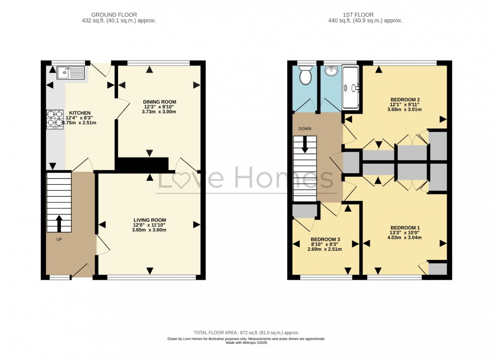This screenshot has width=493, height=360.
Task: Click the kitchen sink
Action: tap(70, 74)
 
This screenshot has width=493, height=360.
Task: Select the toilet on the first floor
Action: tap(304, 77)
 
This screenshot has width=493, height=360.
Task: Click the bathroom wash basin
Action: tap(331, 72)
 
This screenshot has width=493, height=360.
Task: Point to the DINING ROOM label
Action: tap(159, 102)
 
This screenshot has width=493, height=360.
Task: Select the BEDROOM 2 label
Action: tap(404, 99)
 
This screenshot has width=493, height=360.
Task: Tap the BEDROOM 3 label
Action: tap(325, 239)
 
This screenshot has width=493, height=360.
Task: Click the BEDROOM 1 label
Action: tap(404, 228)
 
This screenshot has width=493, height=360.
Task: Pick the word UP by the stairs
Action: tap(59, 239)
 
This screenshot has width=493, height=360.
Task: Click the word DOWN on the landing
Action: tap(305, 129)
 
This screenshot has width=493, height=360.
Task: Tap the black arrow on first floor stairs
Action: tap(305, 145)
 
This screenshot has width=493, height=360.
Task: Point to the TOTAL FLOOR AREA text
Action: tap(247, 332)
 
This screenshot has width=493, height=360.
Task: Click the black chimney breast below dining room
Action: tap(142, 164)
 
